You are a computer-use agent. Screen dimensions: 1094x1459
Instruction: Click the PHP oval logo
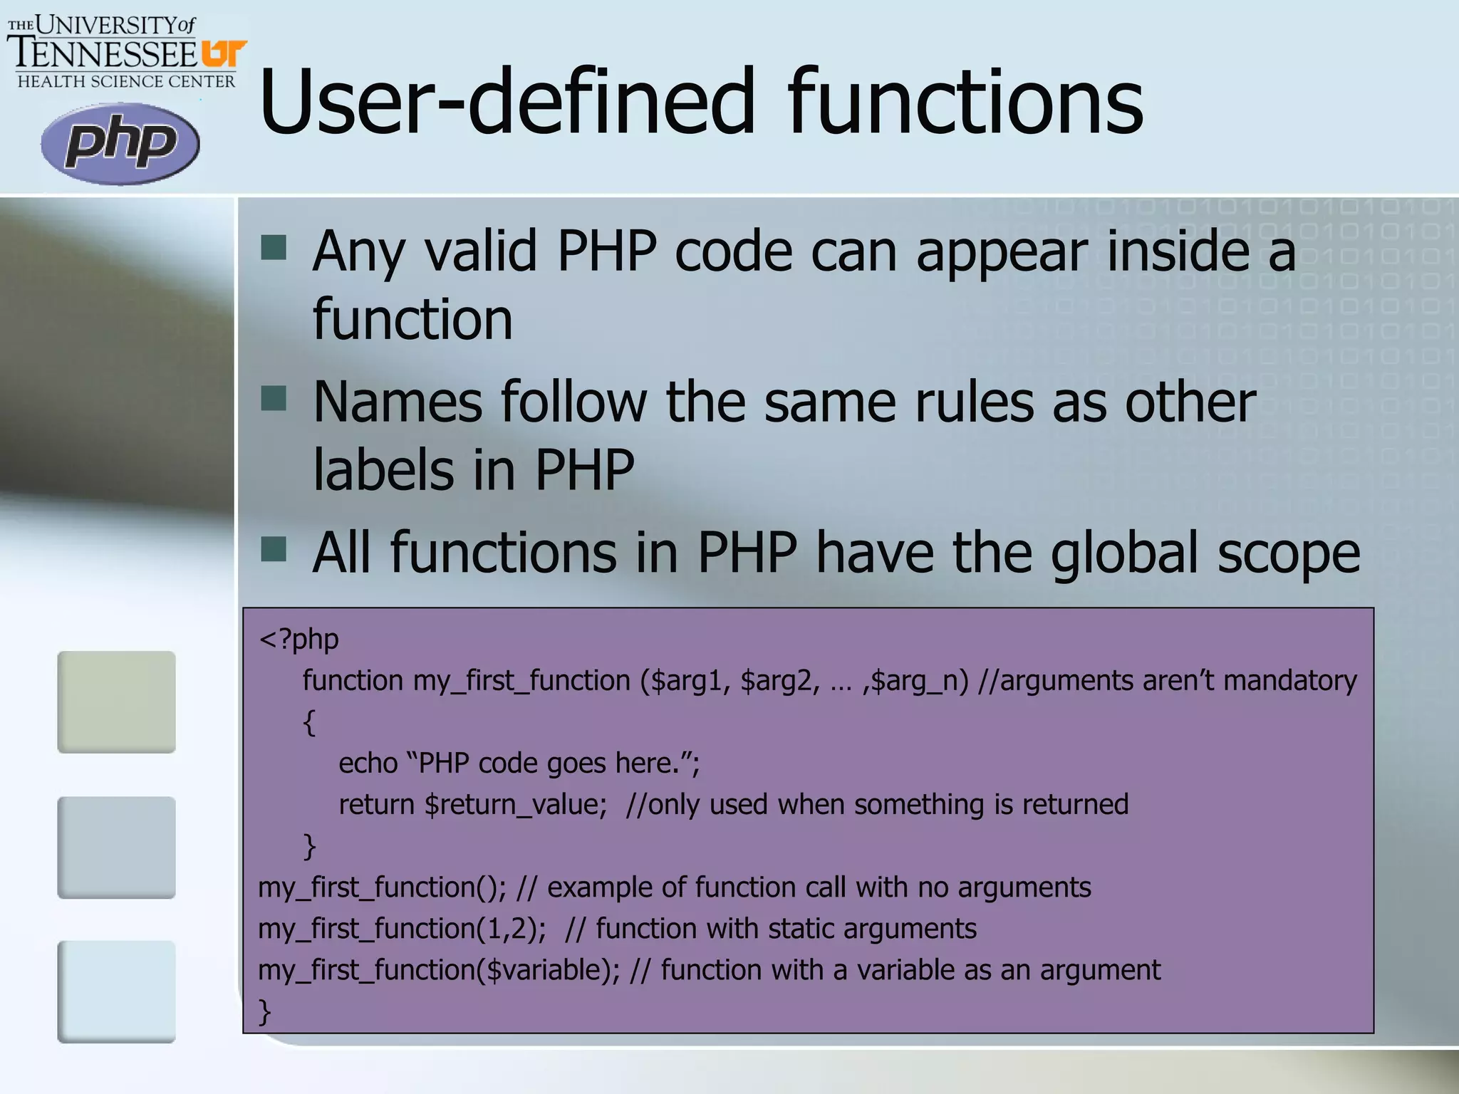tap(120, 144)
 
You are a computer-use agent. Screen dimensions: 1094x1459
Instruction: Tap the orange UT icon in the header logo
tap(224, 53)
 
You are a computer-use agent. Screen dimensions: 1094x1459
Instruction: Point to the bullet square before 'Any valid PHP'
tap(274, 248)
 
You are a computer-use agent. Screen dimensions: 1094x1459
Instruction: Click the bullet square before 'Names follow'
tap(274, 399)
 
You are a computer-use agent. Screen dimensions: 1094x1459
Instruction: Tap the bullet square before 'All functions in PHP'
tap(274, 549)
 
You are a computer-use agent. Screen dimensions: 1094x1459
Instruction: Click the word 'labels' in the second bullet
tap(383, 470)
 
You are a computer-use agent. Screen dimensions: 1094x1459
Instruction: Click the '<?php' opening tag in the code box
tap(299, 639)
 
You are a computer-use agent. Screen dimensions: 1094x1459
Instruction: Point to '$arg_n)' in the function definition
tap(920, 681)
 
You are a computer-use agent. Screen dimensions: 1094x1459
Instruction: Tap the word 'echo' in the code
tap(368, 764)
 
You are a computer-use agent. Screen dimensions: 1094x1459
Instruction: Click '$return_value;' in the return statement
tap(515, 805)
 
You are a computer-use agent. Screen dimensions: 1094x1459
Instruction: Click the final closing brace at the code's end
tap(265, 1011)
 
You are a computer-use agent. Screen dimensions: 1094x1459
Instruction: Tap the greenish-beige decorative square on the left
tap(116, 702)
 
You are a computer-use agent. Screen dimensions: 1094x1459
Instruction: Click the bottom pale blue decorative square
tap(116, 991)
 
